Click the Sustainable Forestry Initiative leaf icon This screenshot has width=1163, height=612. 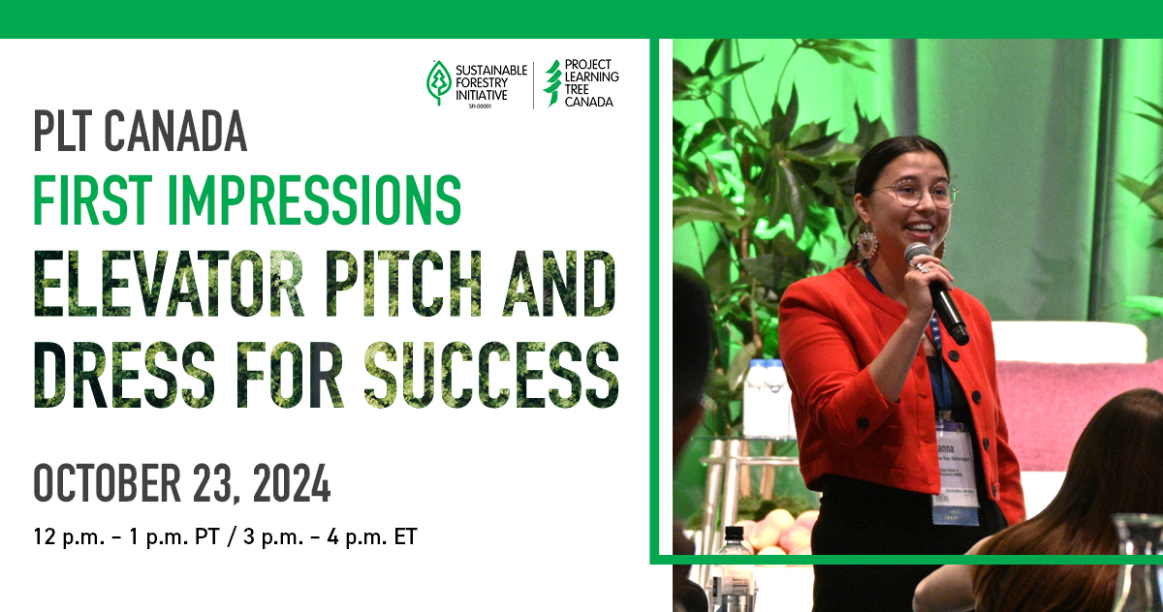[x=440, y=82]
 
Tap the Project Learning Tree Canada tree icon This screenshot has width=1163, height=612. [x=552, y=82]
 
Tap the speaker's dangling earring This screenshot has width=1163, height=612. [x=865, y=243]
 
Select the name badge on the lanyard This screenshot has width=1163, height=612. [x=955, y=474]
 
